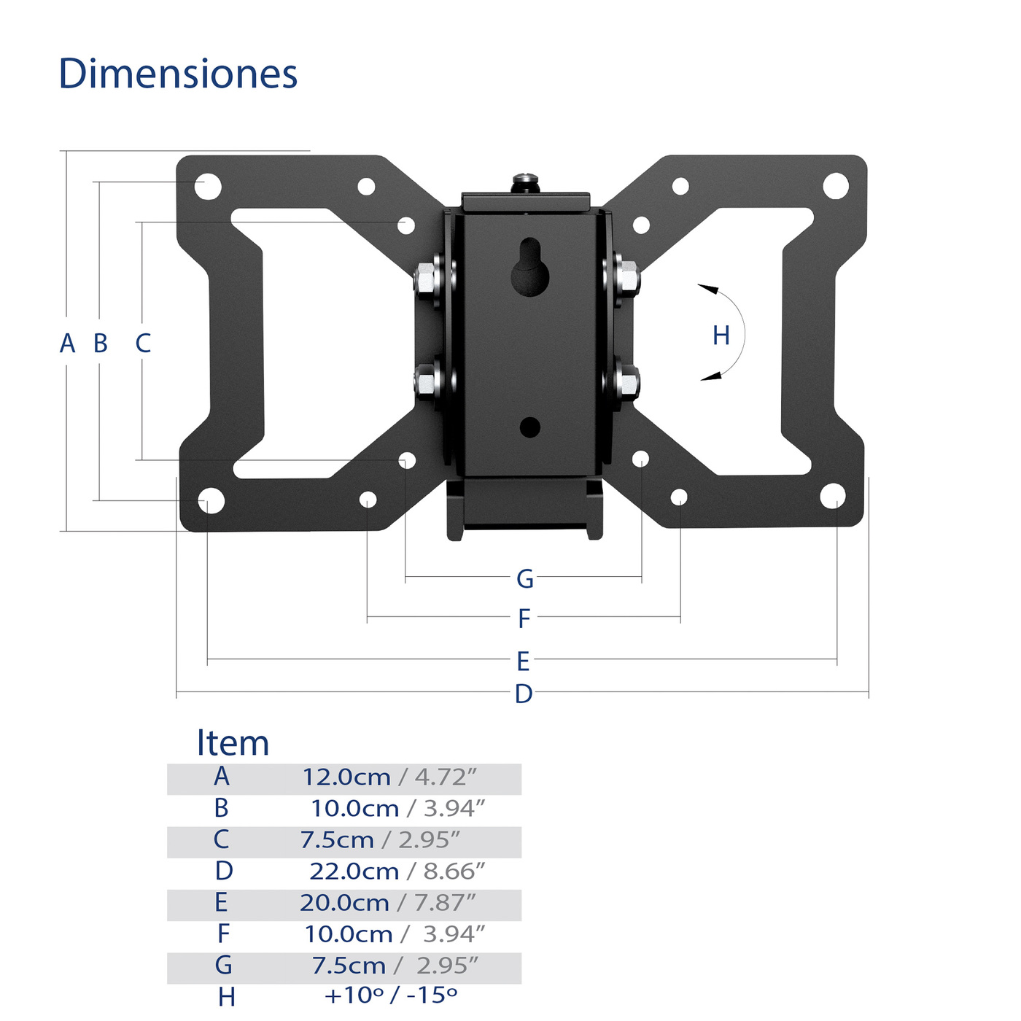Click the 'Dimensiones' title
(x=178, y=74)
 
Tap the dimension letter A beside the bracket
(x=67, y=343)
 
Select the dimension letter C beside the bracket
(x=143, y=343)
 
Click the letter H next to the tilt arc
(x=721, y=335)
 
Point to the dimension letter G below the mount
(x=524, y=578)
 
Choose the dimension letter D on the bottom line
(x=523, y=694)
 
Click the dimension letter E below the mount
(x=523, y=661)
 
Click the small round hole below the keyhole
(x=529, y=427)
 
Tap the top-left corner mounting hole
(x=208, y=186)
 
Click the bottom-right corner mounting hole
(x=832, y=496)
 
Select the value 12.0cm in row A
(x=346, y=777)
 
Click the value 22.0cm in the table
(x=354, y=871)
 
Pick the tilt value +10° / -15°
(x=391, y=995)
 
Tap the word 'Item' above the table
(x=233, y=743)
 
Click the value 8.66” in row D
(x=454, y=871)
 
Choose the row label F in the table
(x=223, y=933)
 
